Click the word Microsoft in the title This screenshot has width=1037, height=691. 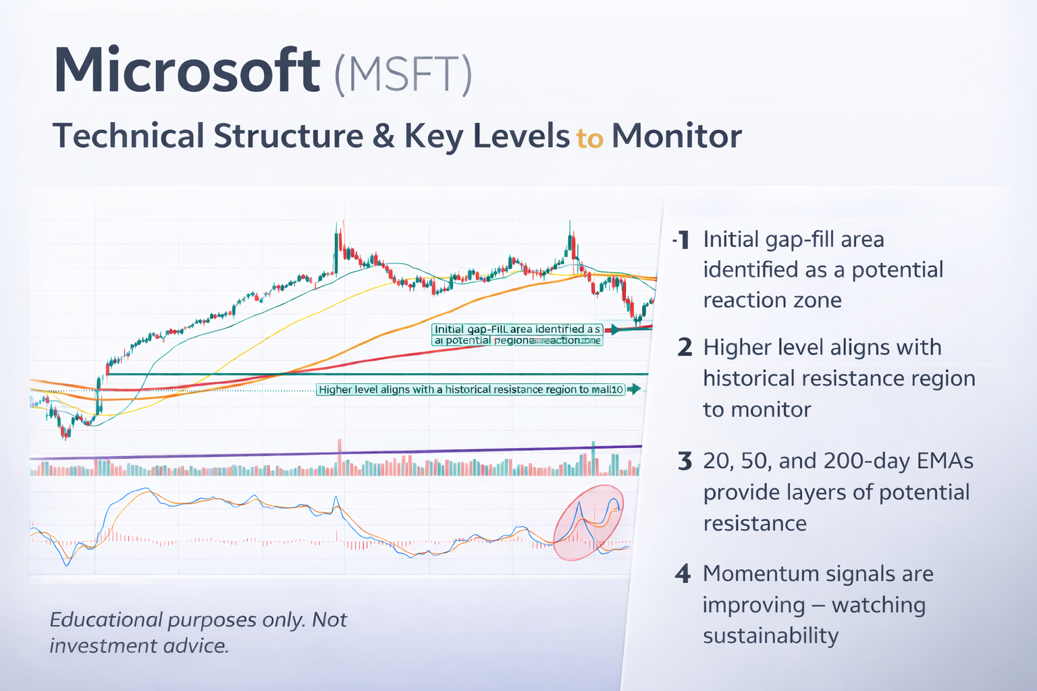(186, 71)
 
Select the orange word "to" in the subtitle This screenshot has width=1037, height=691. (589, 138)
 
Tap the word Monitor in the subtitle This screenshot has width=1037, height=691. (676, 136)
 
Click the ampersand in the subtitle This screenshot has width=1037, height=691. (383, 136)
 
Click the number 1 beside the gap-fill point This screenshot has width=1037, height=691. (683, 240)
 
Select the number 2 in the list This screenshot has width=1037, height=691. (685, 348)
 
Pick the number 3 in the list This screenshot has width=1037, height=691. (685, 462)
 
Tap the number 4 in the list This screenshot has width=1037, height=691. (683, 574)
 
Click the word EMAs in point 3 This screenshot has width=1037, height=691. (945, 461)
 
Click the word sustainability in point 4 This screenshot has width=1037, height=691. (770, 636)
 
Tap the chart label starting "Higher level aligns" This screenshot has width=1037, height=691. (471, 389)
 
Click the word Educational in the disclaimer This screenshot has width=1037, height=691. (106, 619)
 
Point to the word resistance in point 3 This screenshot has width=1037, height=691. (755, 524)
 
